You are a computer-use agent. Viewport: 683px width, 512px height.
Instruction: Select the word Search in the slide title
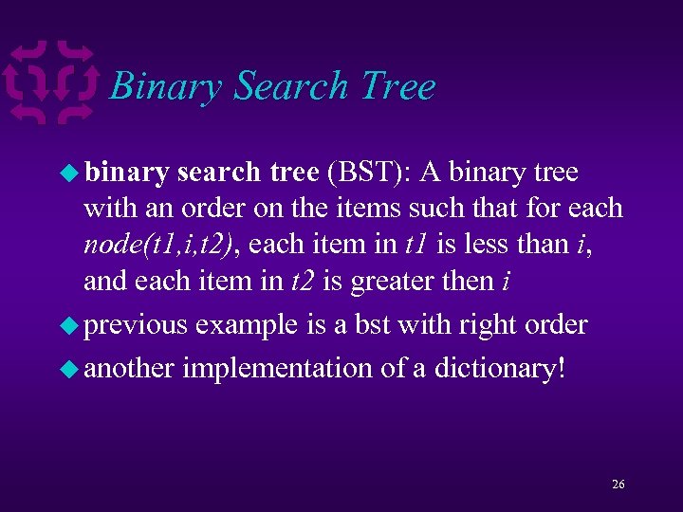[291, 86]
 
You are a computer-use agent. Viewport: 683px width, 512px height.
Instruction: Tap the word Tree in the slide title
[397, 86]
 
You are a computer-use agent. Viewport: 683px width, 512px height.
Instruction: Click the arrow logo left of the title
[53, 82]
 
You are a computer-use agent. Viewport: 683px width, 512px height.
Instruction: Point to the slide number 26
[618, 485]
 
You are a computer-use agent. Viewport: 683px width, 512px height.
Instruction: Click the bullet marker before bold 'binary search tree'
[70, 173]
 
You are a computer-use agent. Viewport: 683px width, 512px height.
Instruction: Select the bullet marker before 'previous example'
[70, 325]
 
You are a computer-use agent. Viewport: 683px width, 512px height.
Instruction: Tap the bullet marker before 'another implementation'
[70, 368]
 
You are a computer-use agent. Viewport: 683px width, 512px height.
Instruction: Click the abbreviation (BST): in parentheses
[370, 173]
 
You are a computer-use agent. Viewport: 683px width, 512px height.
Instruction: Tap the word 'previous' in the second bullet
[136, 325]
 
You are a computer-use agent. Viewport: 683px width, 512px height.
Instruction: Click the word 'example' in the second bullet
[248, 325]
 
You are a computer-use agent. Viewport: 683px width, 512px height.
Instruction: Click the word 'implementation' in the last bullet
[277, 368]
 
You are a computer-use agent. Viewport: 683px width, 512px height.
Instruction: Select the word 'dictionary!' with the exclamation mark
[500, 368]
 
